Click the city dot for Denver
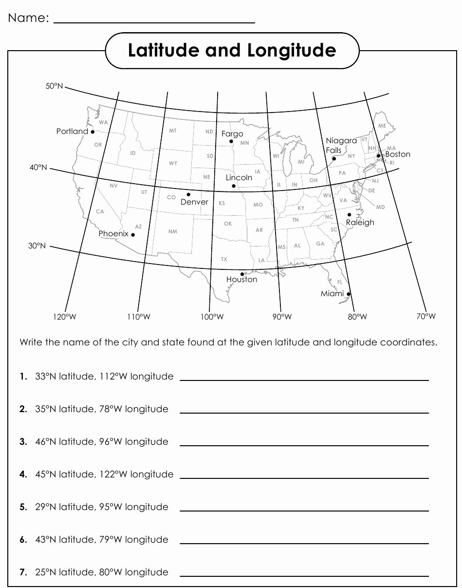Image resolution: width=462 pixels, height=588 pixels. (x=188, y=194)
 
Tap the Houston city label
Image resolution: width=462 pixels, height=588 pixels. (x=241, y=280)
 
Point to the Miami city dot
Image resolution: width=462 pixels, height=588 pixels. (x=349, y=294)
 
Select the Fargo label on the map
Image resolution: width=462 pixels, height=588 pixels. (x=232, y=133)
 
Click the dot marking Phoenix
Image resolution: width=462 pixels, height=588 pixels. (x=133, y=235)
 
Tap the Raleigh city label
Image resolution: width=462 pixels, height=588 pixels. (x=360, y=223)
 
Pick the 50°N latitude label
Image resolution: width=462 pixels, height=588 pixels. (x=55, y=86)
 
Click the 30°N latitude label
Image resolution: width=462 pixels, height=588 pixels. (x=37, y=246)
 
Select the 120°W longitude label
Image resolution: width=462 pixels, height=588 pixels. (x=65, y=317)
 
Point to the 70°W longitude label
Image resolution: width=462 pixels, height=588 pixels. (x=425, y=317)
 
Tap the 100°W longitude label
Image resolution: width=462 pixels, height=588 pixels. (x=211, y=317)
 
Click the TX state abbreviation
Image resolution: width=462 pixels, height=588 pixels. (x=224, y=259)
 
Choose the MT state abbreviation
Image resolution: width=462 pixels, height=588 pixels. (x=173, y=131)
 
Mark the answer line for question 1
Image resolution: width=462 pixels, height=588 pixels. (x=304, y=380)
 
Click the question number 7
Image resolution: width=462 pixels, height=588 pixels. (x=23, y=572)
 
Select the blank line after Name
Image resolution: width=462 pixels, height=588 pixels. (x=154, y=22)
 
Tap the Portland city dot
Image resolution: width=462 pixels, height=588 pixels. (x=92, y=132)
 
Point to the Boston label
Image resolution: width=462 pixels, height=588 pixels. (x=397, y=154)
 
